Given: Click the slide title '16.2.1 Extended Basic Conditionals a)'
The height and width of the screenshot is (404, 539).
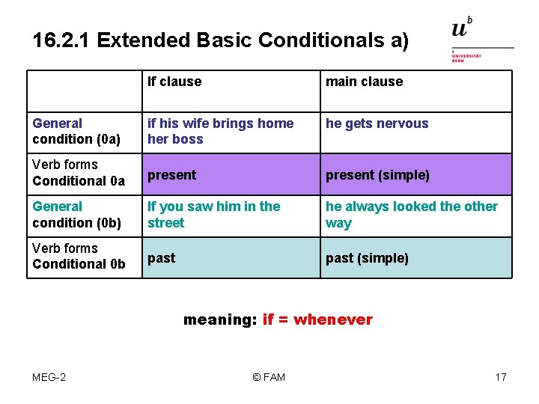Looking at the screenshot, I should pyautogui.click(x=221, y=40).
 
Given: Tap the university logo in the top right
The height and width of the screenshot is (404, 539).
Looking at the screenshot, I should pyautogui.click(x=479, y=39).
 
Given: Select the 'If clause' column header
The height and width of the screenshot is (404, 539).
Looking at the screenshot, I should pyautogui.click(x=174, y=82).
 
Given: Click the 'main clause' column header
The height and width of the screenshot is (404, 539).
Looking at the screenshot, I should pyautogui.click(x=364, y=82).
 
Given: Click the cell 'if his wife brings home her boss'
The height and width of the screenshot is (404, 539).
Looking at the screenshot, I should pyautogui.click(x=220, y=131).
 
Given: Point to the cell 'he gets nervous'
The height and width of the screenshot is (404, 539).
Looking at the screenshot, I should pyautogui.click(x=377, y=123).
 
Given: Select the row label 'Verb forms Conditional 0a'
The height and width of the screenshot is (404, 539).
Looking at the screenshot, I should pyautogui.click(x=79, y=173).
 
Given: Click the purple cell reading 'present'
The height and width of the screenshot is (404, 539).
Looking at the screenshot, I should pyautogui.click(x=171, y=175).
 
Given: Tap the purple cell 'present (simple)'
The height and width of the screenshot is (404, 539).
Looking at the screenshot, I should pyautogui.click(x=377, y=176).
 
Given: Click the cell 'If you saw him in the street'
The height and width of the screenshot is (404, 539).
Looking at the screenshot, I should pyautogui.click(x=213, y=215).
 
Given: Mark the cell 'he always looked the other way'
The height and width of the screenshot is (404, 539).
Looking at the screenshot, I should pyautogui.click(x=411, y=215).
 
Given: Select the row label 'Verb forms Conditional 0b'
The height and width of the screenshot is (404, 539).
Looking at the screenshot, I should pyautogui.click(x=79, y=256).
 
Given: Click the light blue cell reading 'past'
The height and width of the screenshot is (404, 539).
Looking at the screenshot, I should pyautogui.click(x=161, y=258).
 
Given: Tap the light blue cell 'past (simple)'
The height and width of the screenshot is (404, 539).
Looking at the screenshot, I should pyautogui.click(x=367, y=259).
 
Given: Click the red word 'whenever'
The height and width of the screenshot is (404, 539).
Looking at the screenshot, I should pyautogui.click(x=333, y=320).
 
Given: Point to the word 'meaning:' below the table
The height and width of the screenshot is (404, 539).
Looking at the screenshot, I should pyautogui.click(x=220, y=320).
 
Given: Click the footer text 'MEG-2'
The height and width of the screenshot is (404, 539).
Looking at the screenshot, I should pyautogui.click(x=49, y=377).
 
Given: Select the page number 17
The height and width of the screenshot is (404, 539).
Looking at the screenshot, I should pyautogui.click(x=501, y=377).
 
